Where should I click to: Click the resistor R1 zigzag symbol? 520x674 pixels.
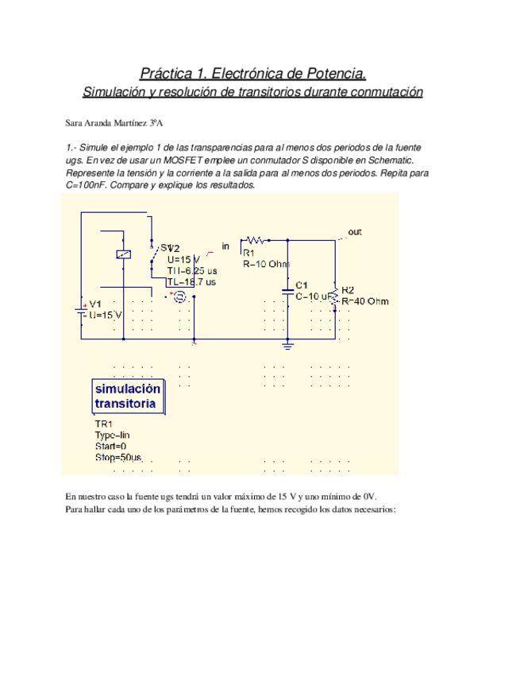[x=255, y=238]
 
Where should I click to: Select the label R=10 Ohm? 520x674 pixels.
[x=267, y=264]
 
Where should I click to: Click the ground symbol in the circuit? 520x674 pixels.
[x=288, y=344]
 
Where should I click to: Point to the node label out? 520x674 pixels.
[x=355, y=232]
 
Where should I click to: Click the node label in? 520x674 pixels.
[x=225, y=246]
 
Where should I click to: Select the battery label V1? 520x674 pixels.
[x=95, y=304]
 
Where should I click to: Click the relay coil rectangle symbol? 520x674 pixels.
[x=123, y=254]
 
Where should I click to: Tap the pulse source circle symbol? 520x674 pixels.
[x=179, y=296]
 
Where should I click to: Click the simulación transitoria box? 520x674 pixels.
[x=128, y=396]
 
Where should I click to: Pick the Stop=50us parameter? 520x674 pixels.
[x=117, y=459]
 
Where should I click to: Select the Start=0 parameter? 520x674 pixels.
[x=110, y=447]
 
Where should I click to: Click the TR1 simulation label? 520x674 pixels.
[x=104, y=424]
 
